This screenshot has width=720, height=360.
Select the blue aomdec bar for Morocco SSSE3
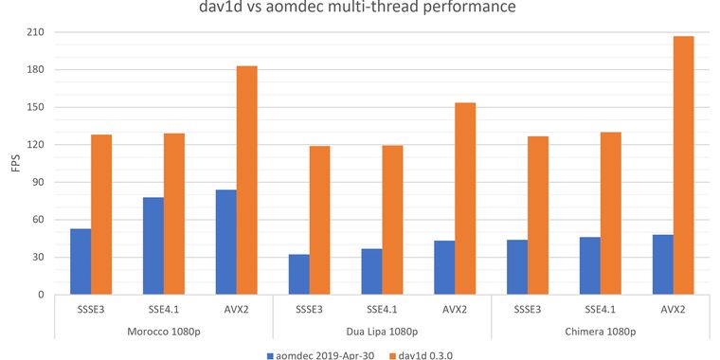coord(81,261)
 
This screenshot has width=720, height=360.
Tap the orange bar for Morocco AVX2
coord(246,180)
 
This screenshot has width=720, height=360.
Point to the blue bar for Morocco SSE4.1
coord(153,245)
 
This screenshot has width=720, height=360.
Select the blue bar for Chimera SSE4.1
coord(589,265)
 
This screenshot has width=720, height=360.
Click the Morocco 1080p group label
coord(163,329)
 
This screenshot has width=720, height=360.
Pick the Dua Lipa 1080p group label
coord(382,329)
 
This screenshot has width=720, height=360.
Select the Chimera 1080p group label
coord(600,329)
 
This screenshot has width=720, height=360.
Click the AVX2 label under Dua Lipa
coord(455,309)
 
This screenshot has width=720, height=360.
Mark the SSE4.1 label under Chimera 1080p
coord(600,309)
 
